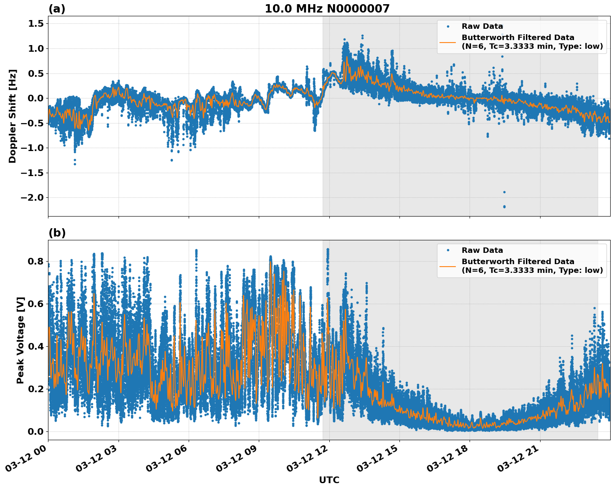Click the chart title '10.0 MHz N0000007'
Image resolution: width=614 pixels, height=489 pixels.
click(327, 9)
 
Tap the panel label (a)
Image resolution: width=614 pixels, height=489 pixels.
click(57, 9)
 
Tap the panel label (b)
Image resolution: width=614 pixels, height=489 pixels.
click(57, 233)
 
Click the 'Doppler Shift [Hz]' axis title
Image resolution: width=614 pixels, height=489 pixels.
click(13, 116)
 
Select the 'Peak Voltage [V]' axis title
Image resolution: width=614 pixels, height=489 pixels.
click(20, 340)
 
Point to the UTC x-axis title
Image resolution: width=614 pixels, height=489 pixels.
click(329, 480)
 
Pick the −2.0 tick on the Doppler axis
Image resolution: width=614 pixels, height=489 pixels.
click(33, 197)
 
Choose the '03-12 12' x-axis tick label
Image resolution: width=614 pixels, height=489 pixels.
click(311, 461)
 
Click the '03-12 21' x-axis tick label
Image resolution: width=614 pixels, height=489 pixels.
click(521, 461)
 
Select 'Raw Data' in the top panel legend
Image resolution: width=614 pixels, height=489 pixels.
click(482, 26)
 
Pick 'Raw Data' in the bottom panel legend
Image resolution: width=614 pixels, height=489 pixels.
click(482, 250)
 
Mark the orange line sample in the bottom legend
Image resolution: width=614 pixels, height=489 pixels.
click(448, 266)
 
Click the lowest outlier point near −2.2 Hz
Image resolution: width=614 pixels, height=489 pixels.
click(504, 207)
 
